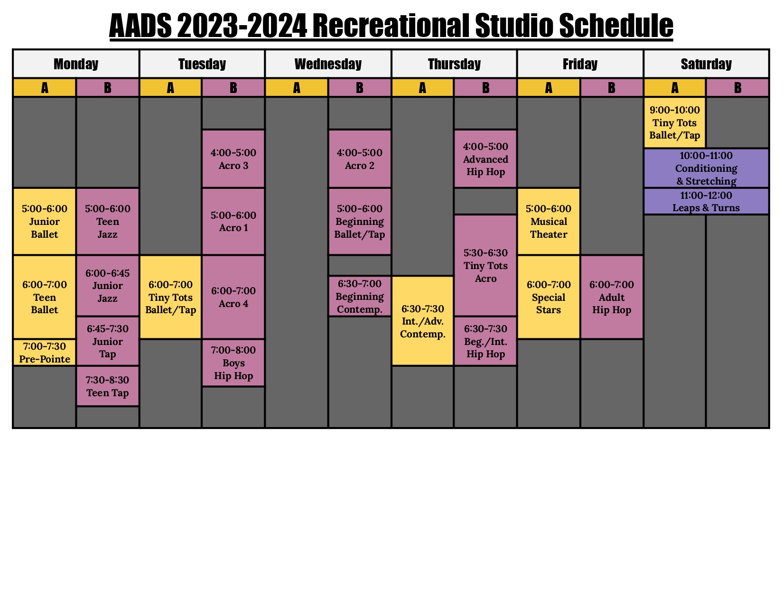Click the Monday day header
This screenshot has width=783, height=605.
[x=75, y=64]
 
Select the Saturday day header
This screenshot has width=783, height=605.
[x=706, y=64]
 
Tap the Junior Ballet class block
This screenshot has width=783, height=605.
[x=44, y=221]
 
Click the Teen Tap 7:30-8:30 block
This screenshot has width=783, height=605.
[x=107, y=386]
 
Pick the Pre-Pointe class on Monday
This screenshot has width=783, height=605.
[x=44, y=353]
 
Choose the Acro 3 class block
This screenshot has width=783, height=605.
[x=233, y=158]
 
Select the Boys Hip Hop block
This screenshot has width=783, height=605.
[x=233, y=363]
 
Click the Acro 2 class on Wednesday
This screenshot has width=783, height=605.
[x=359, y=158]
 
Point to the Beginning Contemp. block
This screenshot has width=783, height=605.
[x=359, y=296]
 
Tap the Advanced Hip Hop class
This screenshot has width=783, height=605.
[x=485, y=158]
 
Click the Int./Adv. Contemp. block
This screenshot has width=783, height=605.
[x=422, y=321]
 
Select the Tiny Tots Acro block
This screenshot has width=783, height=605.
[x=485, y=265]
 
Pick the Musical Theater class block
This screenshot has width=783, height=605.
[x=549, y=221]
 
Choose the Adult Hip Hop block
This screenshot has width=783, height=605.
[x=612, y=297]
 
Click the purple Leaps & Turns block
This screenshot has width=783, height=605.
[x=706, y=201]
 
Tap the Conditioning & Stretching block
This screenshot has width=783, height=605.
[x=706, y=168]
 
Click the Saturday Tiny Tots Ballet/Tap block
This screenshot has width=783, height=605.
[x=674, y=122]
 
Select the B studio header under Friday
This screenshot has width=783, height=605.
[x=612, y=88]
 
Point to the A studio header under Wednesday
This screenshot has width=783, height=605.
[x=296, y=88]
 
